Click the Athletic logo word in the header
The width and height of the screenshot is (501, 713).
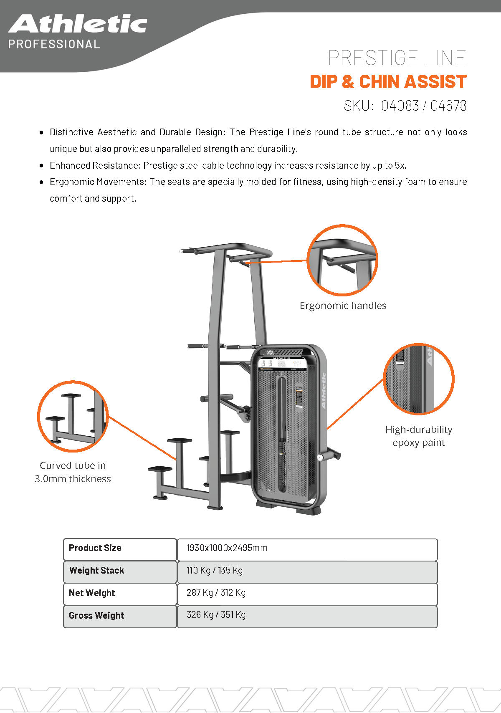[x=78, y=24]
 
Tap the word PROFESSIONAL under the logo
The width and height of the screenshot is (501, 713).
[x=54, y=44]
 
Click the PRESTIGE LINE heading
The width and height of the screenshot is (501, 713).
[x=397, y=58]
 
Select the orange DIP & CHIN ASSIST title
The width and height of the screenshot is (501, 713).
[x=388, y=82]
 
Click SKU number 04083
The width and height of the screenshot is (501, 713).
[x=400, y=106]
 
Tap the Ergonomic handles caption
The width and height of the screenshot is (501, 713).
[x=343, y=306]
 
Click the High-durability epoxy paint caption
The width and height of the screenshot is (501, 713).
[x=418, y=436]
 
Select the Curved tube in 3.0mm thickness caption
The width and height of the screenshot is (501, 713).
[x=73, y=472]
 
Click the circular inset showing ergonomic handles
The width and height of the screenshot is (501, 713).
[x=342, y=260]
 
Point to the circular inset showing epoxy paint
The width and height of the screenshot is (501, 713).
[x=418, y=379]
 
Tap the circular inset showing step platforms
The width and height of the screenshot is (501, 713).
[x=73, y=416]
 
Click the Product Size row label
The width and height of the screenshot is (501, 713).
[x=95, y=548]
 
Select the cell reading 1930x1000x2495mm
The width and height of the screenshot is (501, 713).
[x=227, y=548]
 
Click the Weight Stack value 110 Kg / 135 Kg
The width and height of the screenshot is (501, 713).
[x=215, y=571]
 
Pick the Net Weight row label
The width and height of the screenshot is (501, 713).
[x=92, y=593]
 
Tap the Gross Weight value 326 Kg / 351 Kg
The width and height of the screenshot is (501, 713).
[x=216, y=615]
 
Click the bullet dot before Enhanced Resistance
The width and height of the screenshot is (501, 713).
[x=41, y=166]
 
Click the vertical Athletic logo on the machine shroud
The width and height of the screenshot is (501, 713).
[x=324, y=391]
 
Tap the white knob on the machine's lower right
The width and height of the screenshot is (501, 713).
[x=320, y=458]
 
